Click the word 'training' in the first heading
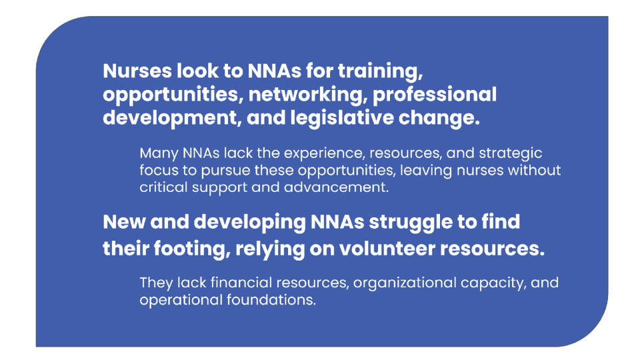pyautogui.click(x=381, y=72)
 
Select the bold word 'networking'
pyautogui.click(x=306, y=95)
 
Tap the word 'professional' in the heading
pyautogui.click(x=435, y=95)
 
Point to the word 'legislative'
pyautogui.click(x=341, y=119)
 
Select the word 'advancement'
pyautogui.click(x=336, y=188)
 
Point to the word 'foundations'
pyautogui.click(x=271, y=301)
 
